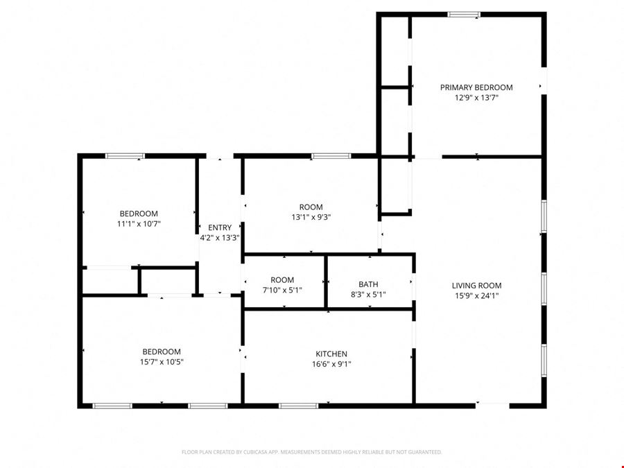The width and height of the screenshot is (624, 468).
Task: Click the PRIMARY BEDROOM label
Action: [476, 87]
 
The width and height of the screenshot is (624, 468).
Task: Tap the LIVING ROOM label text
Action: [476, 286]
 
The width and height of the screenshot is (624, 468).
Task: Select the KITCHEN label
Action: [331, 354]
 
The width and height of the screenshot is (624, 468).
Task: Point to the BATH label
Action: [369, 284]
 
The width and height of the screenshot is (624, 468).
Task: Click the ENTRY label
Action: [220, 227]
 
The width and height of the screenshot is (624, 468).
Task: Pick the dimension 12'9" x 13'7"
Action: [476, 98]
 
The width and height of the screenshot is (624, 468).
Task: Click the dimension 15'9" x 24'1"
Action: [476, 295]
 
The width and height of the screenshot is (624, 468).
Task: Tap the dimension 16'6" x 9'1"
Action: [331, 364]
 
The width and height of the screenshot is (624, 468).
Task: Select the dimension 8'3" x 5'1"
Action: [369, 295]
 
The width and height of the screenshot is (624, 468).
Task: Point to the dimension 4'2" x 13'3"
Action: [220, 238]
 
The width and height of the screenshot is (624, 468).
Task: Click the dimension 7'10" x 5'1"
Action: [282, 290]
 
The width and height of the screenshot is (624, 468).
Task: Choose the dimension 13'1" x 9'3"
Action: [311, 217]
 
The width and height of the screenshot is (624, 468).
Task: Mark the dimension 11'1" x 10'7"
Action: [139, 224]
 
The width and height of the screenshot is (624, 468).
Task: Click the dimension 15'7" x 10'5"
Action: [162, 362]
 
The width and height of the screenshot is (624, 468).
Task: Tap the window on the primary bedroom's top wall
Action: [464, 15]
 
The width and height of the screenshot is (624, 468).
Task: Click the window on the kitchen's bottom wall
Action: [298, 406]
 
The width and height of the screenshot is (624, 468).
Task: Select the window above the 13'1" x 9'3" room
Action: [331, 156]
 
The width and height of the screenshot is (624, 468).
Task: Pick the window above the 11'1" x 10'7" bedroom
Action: [125, 156]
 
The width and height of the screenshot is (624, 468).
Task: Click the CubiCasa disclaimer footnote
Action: [311, 452]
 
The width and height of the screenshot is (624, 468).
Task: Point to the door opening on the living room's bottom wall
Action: [492, 406]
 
